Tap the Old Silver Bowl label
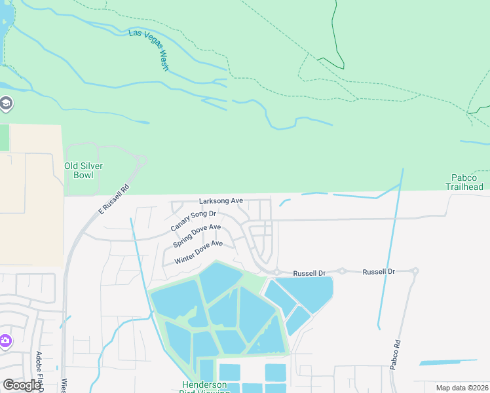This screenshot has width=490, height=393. point(83,170)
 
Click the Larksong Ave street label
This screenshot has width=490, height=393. point(221,200)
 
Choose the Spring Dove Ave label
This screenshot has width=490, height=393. point(197,235)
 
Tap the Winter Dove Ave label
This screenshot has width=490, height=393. point(198,252)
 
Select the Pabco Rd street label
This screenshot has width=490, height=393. point(395,354)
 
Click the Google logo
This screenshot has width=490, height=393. point(21,385)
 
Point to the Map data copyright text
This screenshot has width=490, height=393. point(462,388)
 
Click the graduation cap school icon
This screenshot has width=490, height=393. point(6,103)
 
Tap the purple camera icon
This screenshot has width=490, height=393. point(5,341)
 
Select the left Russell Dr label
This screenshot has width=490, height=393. point(309,272)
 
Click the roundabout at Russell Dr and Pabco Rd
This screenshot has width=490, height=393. point(415,271)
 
